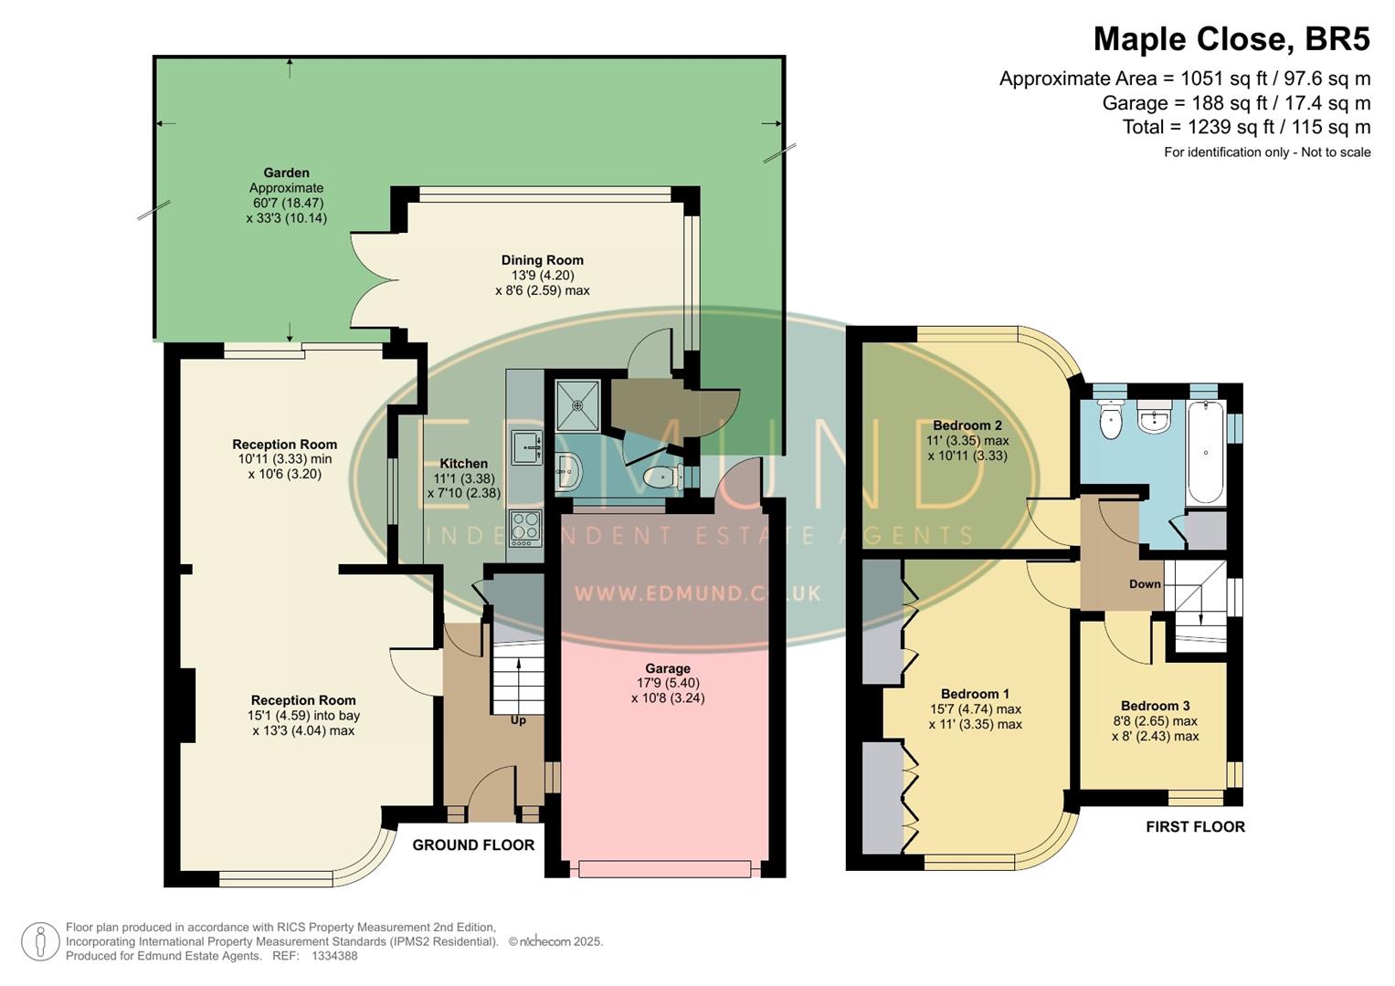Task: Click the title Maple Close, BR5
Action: pos(1231,40)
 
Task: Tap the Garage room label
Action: pos(667,668)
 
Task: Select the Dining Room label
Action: pos(542,260)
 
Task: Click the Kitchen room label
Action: pos(464,464)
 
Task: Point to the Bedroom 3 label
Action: pos(1155,706)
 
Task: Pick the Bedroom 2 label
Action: pos(967,425)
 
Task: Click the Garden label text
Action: pos(286,173)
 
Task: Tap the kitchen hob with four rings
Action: pos(525,528)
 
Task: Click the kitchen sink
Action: pos(527,446)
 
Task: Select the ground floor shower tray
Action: pos(577,405)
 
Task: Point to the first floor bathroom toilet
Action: pos(1110,421)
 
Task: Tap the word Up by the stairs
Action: pos(518,720)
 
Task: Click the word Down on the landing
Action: pos(1145,584)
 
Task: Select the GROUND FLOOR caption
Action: pos(473,845)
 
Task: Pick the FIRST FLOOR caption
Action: pos(1195,827)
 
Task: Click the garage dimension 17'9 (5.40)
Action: pos(667,683)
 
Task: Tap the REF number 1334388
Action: pos(334,956)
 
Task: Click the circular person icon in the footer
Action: pos(40,941)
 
